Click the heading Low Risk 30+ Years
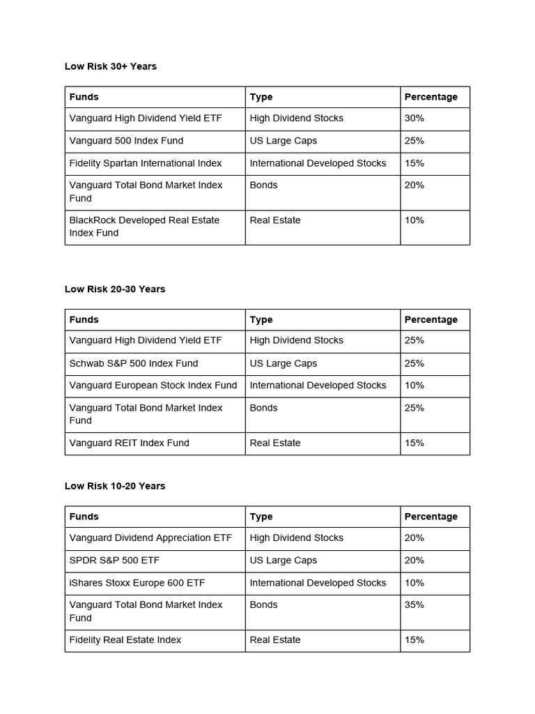(x=111, y=66)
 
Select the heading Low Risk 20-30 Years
(x=115, y=289)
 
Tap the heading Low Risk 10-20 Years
(x=115, y=486)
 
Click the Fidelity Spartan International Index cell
(x=146, y=163)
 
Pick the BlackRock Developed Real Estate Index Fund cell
(x=144, y=227)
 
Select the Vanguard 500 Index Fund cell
(x=126, y=141)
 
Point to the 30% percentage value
(x=414, y=119)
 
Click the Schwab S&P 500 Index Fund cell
(x=134, y=363)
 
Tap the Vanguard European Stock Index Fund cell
(x=153, y=386)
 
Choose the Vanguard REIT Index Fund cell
(x=130, y=443)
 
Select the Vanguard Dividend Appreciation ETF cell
(x=150, y=538)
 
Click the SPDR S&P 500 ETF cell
(x=115, y=561)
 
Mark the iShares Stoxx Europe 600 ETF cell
(x=137, y=583)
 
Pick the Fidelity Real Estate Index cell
(x=125, y=640)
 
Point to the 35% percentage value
(x=414, y=605)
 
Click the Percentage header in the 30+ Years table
(x=431, y=97)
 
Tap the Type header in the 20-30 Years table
(x=261, y=320)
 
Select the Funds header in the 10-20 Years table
(x=84, y=517)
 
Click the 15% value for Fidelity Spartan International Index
(x=414, y=163)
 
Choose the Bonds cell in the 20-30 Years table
(x=264, y=408)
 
